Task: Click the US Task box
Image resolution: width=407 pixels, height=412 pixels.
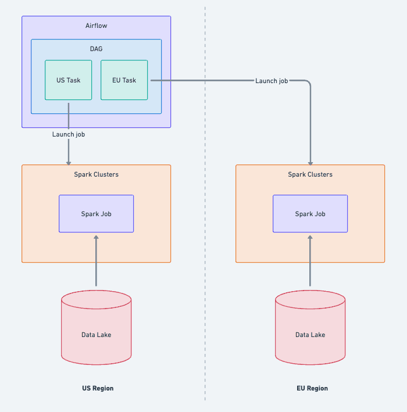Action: (x=69, y=80)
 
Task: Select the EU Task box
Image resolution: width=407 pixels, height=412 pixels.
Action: (x=124, y=80)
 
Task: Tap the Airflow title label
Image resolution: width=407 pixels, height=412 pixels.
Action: (x=97, y=26)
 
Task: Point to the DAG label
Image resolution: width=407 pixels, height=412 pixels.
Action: (x=96, y=49)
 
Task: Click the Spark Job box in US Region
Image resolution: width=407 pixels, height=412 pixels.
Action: (x=97, y=214)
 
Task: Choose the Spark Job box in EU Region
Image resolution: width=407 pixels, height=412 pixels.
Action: (x=310, y=214)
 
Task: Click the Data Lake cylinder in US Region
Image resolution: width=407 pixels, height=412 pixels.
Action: (x=97, y=334)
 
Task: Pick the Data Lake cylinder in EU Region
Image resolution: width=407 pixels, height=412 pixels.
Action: (x=310, y=334)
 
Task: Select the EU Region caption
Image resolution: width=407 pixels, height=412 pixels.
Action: (x=312, y=388)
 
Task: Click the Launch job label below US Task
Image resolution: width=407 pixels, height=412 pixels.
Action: (x=69, y=134)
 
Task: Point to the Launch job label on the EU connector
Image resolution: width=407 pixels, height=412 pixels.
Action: (x=272, y=81)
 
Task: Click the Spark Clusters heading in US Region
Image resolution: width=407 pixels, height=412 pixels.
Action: (x=97, y=174)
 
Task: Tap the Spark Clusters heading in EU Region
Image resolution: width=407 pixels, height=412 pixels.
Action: (x=310, y=174)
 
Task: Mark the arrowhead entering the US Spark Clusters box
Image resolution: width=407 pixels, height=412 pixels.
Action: (x=69, y=162)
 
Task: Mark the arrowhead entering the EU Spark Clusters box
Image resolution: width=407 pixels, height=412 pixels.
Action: (x=310, y=162)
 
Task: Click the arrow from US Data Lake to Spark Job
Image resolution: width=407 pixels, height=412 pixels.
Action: (x=97, y=261)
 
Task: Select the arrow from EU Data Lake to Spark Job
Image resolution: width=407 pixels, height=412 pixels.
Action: (x=310, y=261)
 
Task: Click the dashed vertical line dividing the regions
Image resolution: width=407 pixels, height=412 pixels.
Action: (x=205, y=232)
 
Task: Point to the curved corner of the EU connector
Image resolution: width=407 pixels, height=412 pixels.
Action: (x=308, y=83)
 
